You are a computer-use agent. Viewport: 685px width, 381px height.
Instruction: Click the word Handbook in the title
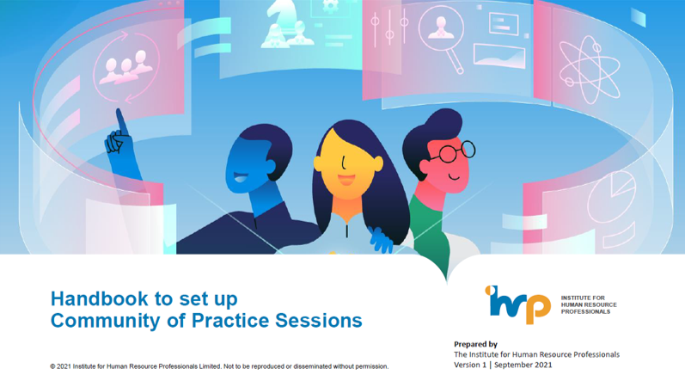99,298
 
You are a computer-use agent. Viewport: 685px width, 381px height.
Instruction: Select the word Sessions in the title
319,320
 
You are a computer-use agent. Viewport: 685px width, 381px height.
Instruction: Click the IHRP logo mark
517,304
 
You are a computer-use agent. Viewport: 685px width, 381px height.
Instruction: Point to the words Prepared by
475,344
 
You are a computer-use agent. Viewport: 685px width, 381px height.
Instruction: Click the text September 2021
523,365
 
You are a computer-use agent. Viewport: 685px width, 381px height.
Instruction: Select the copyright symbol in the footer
52,366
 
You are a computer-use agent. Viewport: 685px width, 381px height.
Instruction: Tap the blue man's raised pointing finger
121,121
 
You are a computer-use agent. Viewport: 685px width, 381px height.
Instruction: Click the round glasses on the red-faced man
456,151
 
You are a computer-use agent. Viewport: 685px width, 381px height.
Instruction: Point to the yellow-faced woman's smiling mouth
346,180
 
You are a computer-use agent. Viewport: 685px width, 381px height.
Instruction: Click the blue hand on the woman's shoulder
379,240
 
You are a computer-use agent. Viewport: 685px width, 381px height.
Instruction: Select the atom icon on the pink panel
589,70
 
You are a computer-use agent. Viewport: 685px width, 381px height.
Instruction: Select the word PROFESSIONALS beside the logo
585,312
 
